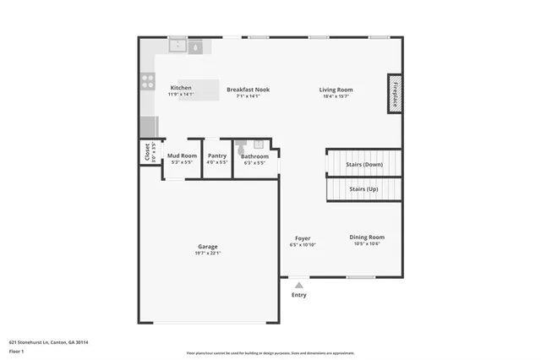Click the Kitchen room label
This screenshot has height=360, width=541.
point(181,88)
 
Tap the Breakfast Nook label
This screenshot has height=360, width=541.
point(248,89)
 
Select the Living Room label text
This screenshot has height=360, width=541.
point(336,90)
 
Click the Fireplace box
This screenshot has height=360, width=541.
point(394,93)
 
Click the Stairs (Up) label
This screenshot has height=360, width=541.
point(363,189)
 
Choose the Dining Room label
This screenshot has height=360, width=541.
point(367,237)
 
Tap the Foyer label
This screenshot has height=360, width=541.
point(303,238)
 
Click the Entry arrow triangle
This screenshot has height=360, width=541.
point(298,286)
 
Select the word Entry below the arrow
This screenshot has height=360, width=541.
point(299,295)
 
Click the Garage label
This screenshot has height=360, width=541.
point(207,246)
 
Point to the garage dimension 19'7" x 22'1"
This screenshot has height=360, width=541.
point(207,253)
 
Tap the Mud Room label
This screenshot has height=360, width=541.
point(182,156)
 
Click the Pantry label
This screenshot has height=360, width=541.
point(217,156)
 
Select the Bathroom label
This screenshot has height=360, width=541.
point(254,156)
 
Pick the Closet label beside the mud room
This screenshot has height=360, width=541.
point(147,152)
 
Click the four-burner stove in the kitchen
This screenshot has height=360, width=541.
point(147,82)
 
